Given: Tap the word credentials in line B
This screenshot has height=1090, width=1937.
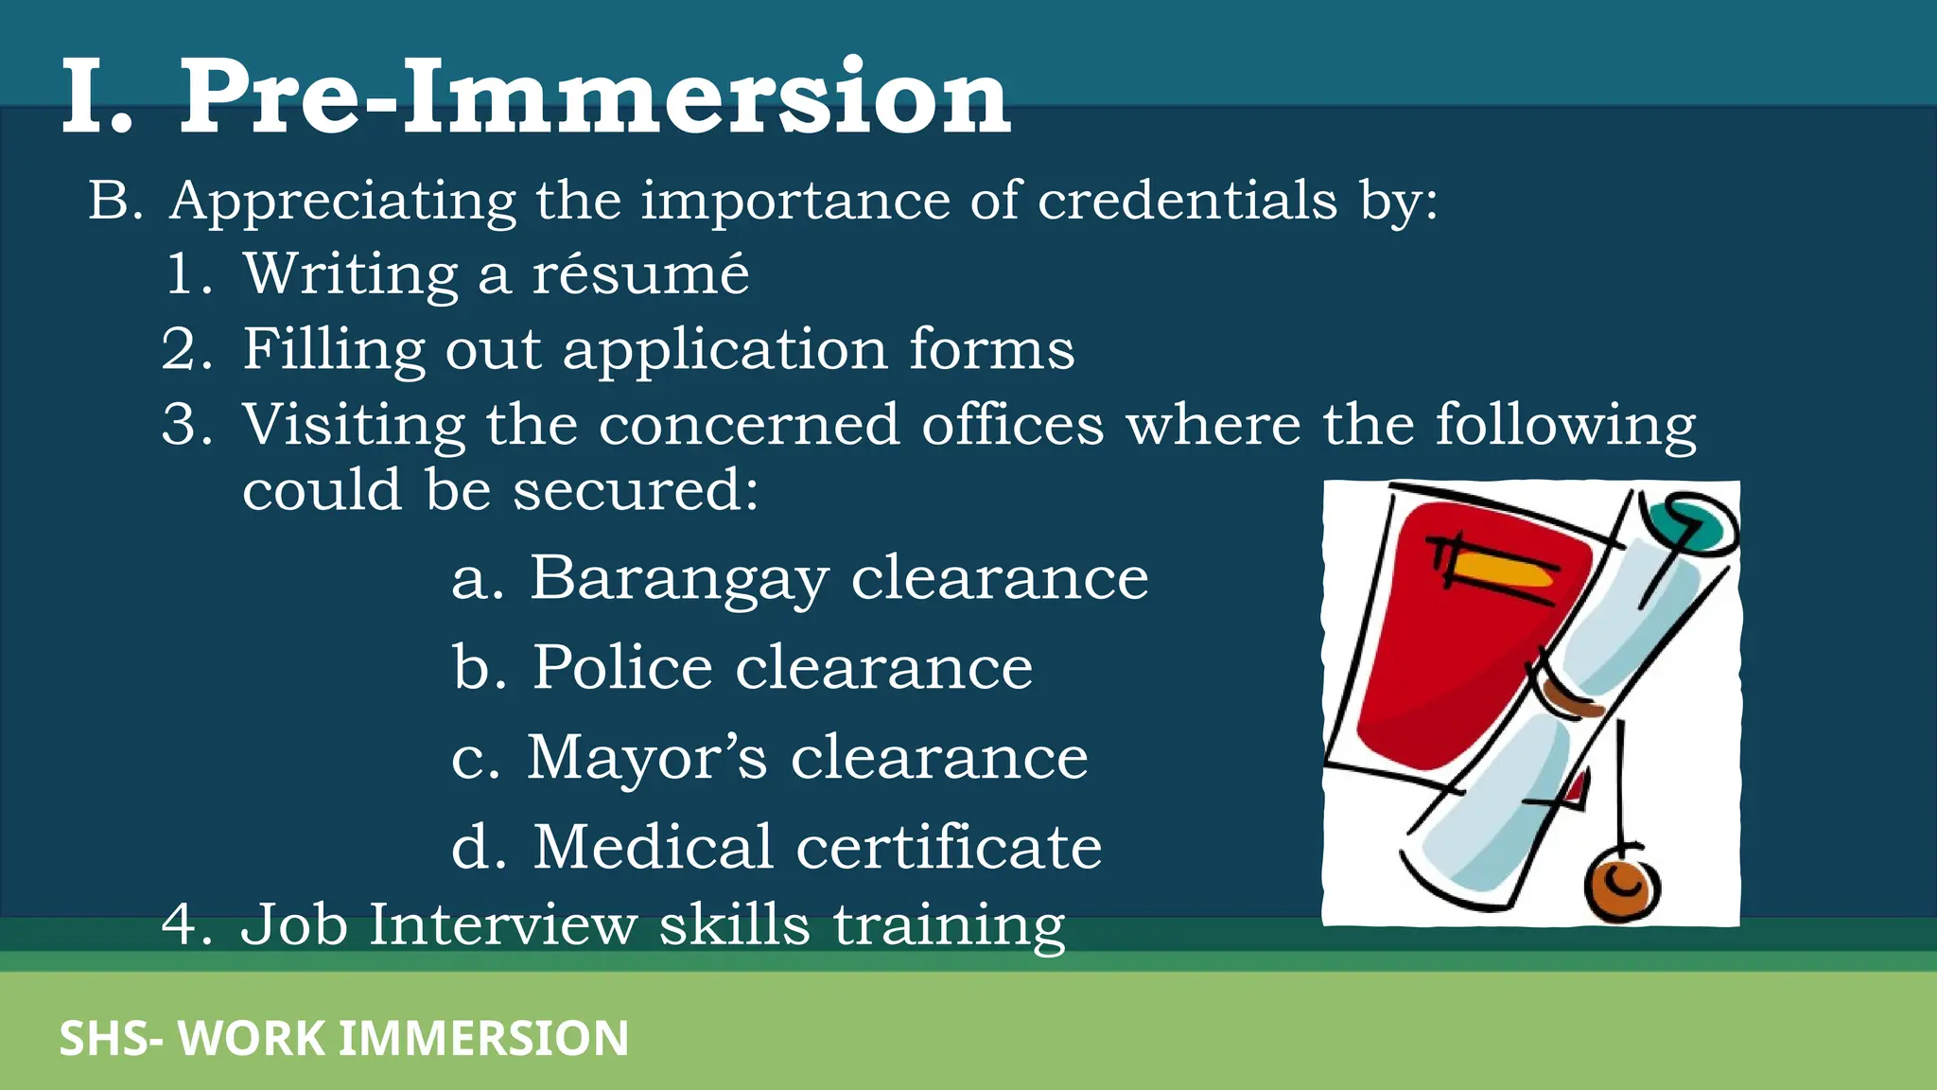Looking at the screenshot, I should point(1187,201).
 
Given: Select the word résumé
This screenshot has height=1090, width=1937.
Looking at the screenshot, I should point(640,274).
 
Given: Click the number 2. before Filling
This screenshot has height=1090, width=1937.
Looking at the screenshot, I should point(186,349).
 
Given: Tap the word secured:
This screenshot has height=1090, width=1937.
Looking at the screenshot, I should point(636,490).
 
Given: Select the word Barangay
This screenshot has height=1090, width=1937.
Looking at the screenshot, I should point(679,580).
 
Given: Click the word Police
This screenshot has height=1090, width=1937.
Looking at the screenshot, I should point(622,668).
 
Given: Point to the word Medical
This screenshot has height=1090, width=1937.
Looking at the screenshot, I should point(654,846).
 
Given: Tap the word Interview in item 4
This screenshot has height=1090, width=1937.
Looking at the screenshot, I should point(502,924).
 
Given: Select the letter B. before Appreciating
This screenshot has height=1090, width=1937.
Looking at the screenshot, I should point(115,201).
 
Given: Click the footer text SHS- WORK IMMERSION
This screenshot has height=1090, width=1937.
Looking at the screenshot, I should point(344,1038).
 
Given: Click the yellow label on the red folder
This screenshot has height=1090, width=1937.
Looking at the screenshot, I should point(1504,569).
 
